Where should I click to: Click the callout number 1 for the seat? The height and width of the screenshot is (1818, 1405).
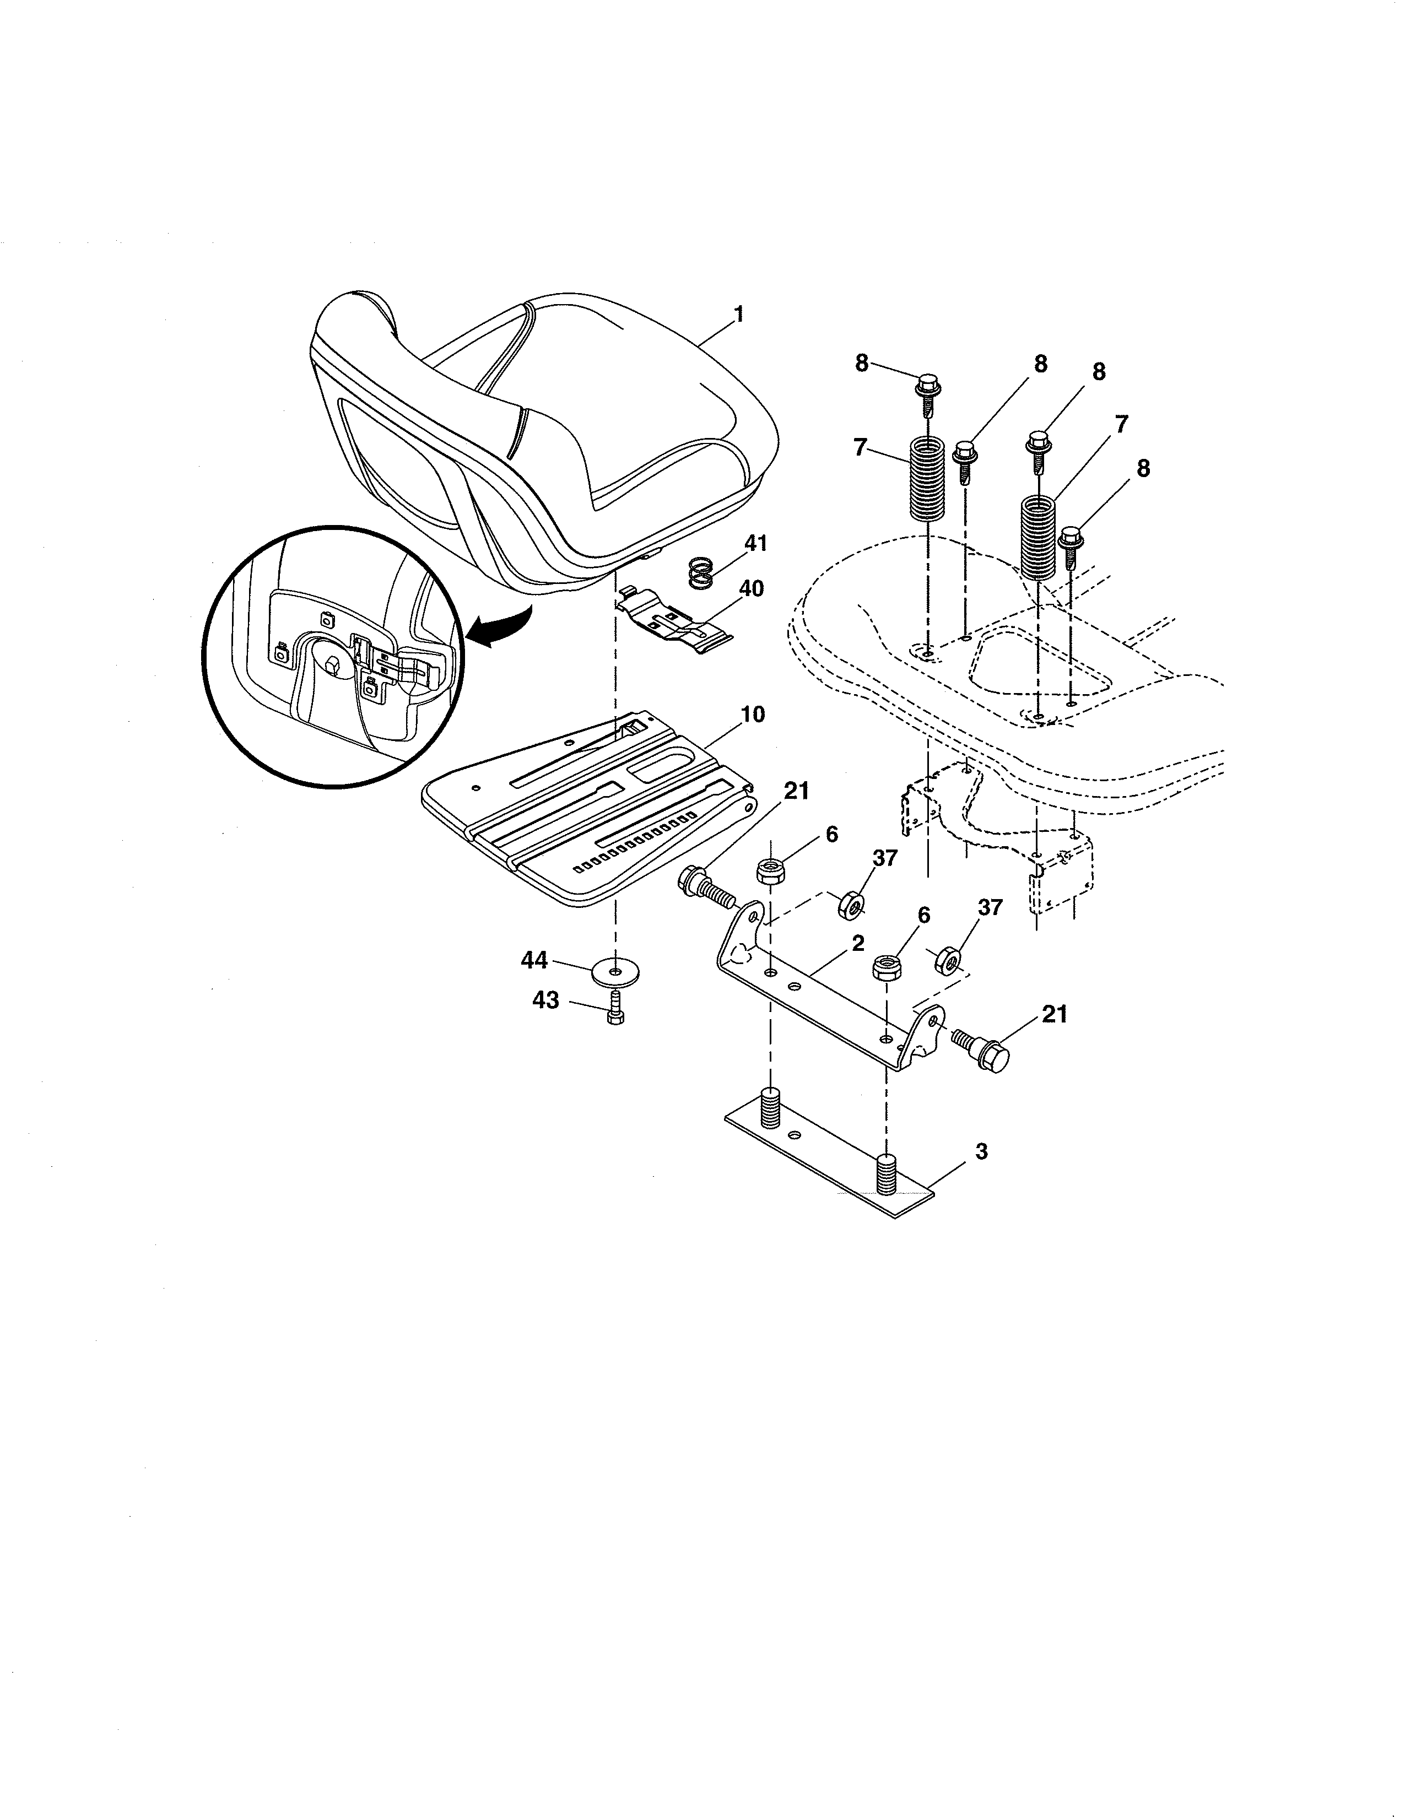[x=737, y=315]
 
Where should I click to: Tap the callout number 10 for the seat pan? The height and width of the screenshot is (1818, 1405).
[x=753, y=714]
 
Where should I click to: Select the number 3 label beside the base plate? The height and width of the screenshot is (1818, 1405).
[x=981, y=1151]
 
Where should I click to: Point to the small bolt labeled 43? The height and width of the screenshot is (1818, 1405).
[x=615, y=1009]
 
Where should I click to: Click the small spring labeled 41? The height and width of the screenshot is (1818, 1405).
[x=702, y=573]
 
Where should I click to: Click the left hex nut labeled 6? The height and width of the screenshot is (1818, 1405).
[x=771, y=873]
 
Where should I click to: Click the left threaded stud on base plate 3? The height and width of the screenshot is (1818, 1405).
[x=771, y=1109]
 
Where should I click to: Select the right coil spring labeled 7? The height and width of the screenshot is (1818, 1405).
[x=1039, y=537]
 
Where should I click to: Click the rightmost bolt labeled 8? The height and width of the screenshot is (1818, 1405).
[x=1071, y=545]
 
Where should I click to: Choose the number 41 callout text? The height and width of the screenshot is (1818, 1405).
[x=755, y=543]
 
